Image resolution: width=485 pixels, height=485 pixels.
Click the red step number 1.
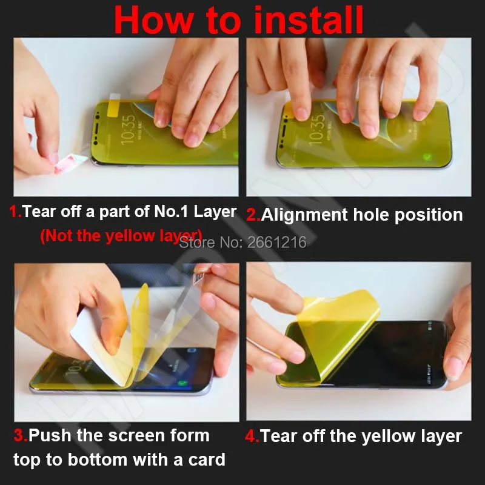(14, 212)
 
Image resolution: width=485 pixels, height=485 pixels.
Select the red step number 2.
(252, 215)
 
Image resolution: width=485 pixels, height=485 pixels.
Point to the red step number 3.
(19, 435)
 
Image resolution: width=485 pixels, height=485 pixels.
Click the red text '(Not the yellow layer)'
(121, 236)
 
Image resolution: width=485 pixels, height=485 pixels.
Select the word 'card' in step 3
(205, 460)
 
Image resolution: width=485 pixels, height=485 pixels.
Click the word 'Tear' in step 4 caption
(279, 436)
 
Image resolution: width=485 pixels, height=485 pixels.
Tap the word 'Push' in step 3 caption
(48, 435)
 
